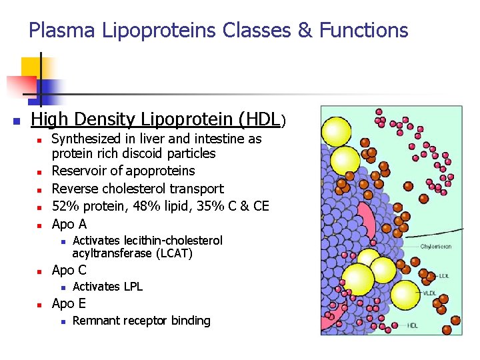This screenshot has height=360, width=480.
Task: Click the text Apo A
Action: (x=69, y=224)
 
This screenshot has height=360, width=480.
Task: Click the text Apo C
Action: (x=69, y=270)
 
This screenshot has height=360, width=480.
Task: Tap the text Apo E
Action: (x=69, y=303)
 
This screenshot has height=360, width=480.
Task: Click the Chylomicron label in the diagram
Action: (x=436, y=247)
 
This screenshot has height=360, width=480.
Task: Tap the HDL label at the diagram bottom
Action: (x=413, y=326)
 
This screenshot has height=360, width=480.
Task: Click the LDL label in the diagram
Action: (x=443, y=275)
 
